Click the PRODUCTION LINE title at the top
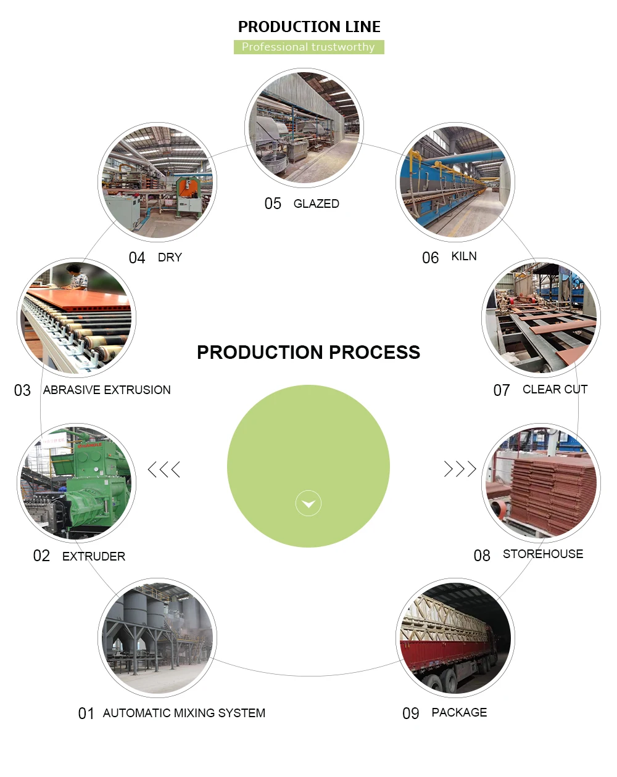click(309, 27)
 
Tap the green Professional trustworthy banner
click(308, 47)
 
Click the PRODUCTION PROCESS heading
click(308, 352)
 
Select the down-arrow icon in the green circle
click(308, 503)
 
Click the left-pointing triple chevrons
click(164, 469)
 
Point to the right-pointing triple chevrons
click(460, 469)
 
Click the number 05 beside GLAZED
click(273, 204)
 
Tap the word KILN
click(464, 257)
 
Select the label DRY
click(170, 258)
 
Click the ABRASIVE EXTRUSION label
click(107, 390)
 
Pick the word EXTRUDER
click(94, 556)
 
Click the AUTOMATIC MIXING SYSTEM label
click(184, 713)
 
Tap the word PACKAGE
click(459, 713)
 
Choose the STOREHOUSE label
click(543, 554)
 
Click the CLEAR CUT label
click(555, 390)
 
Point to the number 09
click(411, 714)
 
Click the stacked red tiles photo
click(541, 483)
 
